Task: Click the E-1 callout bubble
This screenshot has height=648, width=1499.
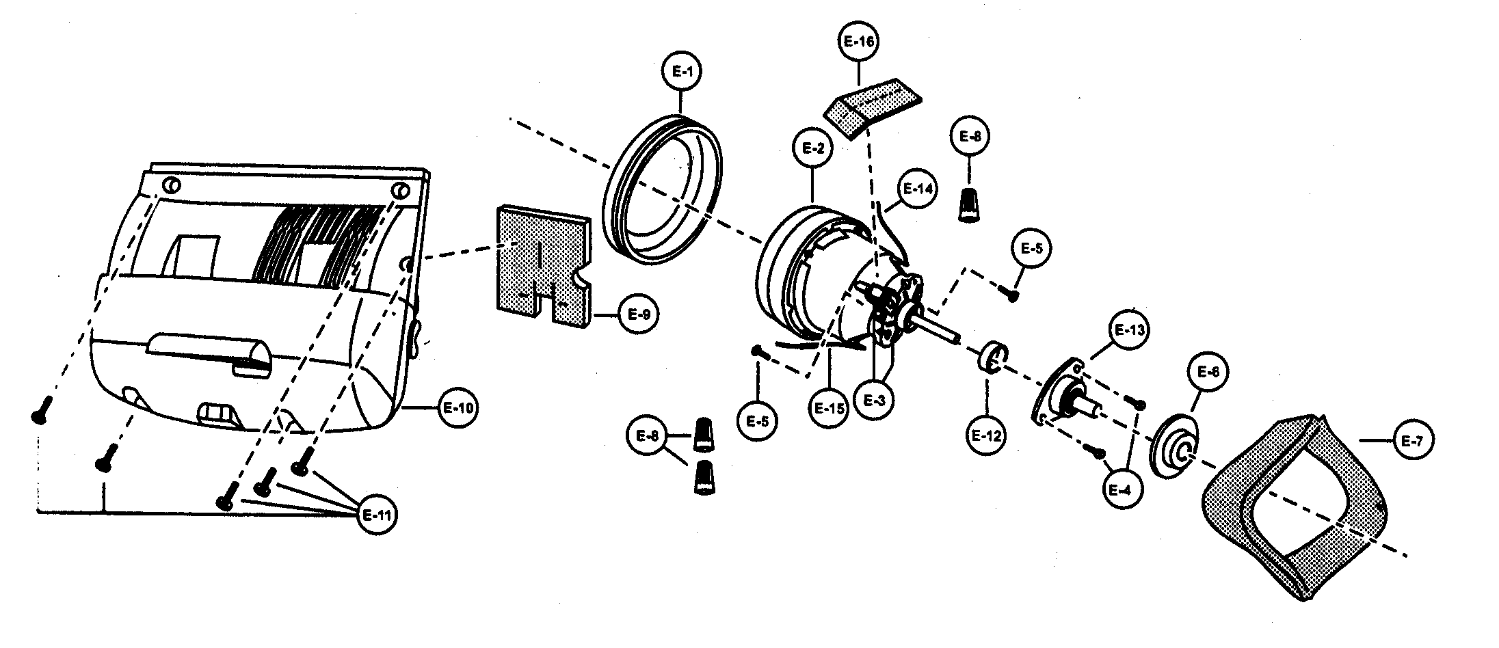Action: (682, 71)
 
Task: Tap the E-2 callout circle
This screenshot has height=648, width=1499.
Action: (812, 148)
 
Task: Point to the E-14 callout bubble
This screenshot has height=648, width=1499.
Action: (917, 189)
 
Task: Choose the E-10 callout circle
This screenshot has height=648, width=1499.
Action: (458, 408)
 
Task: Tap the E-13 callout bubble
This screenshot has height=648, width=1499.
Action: (1129, 331)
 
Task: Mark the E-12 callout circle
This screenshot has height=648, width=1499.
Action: (985, 434)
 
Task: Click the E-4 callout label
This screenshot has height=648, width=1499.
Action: (1122, 490)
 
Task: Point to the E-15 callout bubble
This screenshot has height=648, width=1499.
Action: (828, 408)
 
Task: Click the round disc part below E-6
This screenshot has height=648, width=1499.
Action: (1177, 445)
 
